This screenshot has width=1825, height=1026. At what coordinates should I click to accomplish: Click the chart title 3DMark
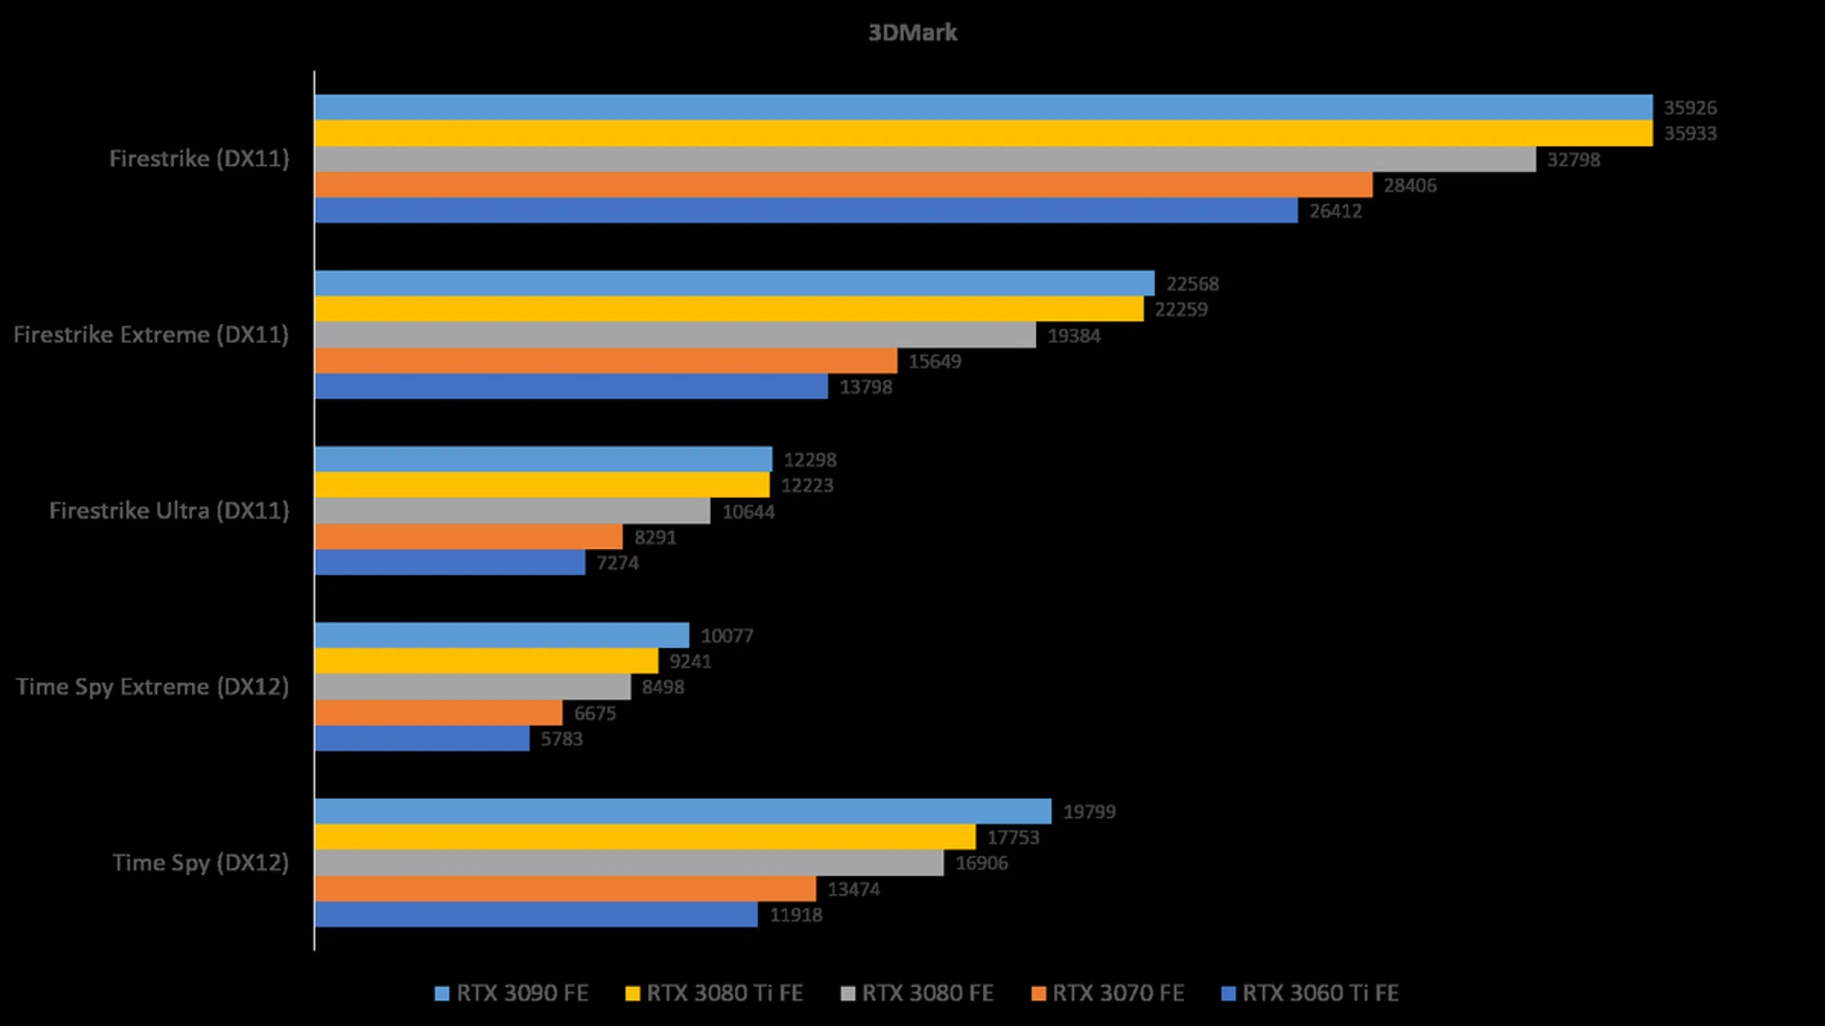(x=912, y=32)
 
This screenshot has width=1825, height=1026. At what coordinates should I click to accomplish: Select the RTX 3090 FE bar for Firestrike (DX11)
(x=983, y=107)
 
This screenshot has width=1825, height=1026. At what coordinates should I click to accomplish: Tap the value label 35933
(x=1689, y=134)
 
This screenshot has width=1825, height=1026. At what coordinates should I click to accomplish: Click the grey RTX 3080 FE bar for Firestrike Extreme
(x=675, y=335)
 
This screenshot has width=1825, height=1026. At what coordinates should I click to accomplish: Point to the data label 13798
(x=865, y=388)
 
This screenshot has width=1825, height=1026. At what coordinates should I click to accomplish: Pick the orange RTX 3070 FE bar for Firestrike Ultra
(x=469, y=537)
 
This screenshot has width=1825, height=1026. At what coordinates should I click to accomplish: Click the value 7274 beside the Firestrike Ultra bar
(x=617, y=563)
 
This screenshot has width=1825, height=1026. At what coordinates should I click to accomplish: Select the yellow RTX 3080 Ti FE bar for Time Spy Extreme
(x=486, y=661)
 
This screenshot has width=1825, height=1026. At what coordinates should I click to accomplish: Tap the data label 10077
(x=726, y=636)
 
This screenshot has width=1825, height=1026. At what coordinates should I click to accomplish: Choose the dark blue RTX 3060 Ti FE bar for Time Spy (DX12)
(x=536, y=915)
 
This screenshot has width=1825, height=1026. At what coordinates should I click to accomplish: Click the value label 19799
(x=1088, y=812)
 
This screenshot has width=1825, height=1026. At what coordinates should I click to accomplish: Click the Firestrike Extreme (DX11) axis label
(x=151, y=334)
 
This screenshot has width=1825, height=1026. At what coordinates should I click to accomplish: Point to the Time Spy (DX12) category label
(x=201, y=863)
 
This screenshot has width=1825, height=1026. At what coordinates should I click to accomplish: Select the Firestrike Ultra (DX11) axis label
(x=169, y=510)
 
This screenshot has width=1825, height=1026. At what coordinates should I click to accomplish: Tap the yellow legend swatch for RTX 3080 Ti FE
(x=632, y=994)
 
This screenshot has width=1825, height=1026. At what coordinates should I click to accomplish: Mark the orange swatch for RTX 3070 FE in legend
(x=1039, y=994)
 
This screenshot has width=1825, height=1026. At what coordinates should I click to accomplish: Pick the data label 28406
(x=1410, y=186)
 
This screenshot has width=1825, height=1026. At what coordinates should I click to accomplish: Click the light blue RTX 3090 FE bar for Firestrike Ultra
(x=543, y=460)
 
